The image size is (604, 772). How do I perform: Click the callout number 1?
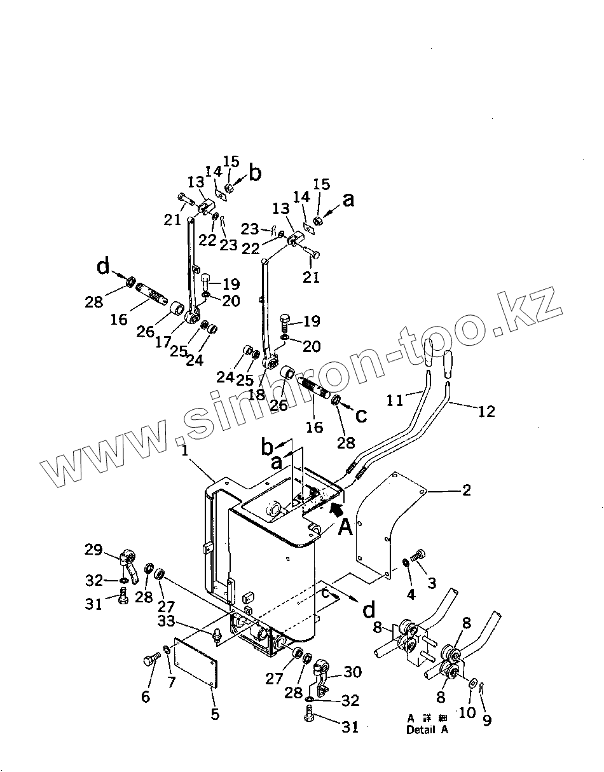[184, 452]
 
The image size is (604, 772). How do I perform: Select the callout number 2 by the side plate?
[466, 491]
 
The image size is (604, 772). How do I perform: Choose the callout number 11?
[395, 400]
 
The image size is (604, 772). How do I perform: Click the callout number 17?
[163, 342]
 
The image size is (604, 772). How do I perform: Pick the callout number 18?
[256, 395]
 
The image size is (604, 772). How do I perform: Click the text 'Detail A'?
[427, 730]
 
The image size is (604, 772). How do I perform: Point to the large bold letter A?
[345, 526]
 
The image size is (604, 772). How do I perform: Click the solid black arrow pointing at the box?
[339, 506]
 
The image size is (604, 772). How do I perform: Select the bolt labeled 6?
[151, 661]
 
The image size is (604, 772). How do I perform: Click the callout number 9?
[486, 720]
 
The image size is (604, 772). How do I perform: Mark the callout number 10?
[467, 712]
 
